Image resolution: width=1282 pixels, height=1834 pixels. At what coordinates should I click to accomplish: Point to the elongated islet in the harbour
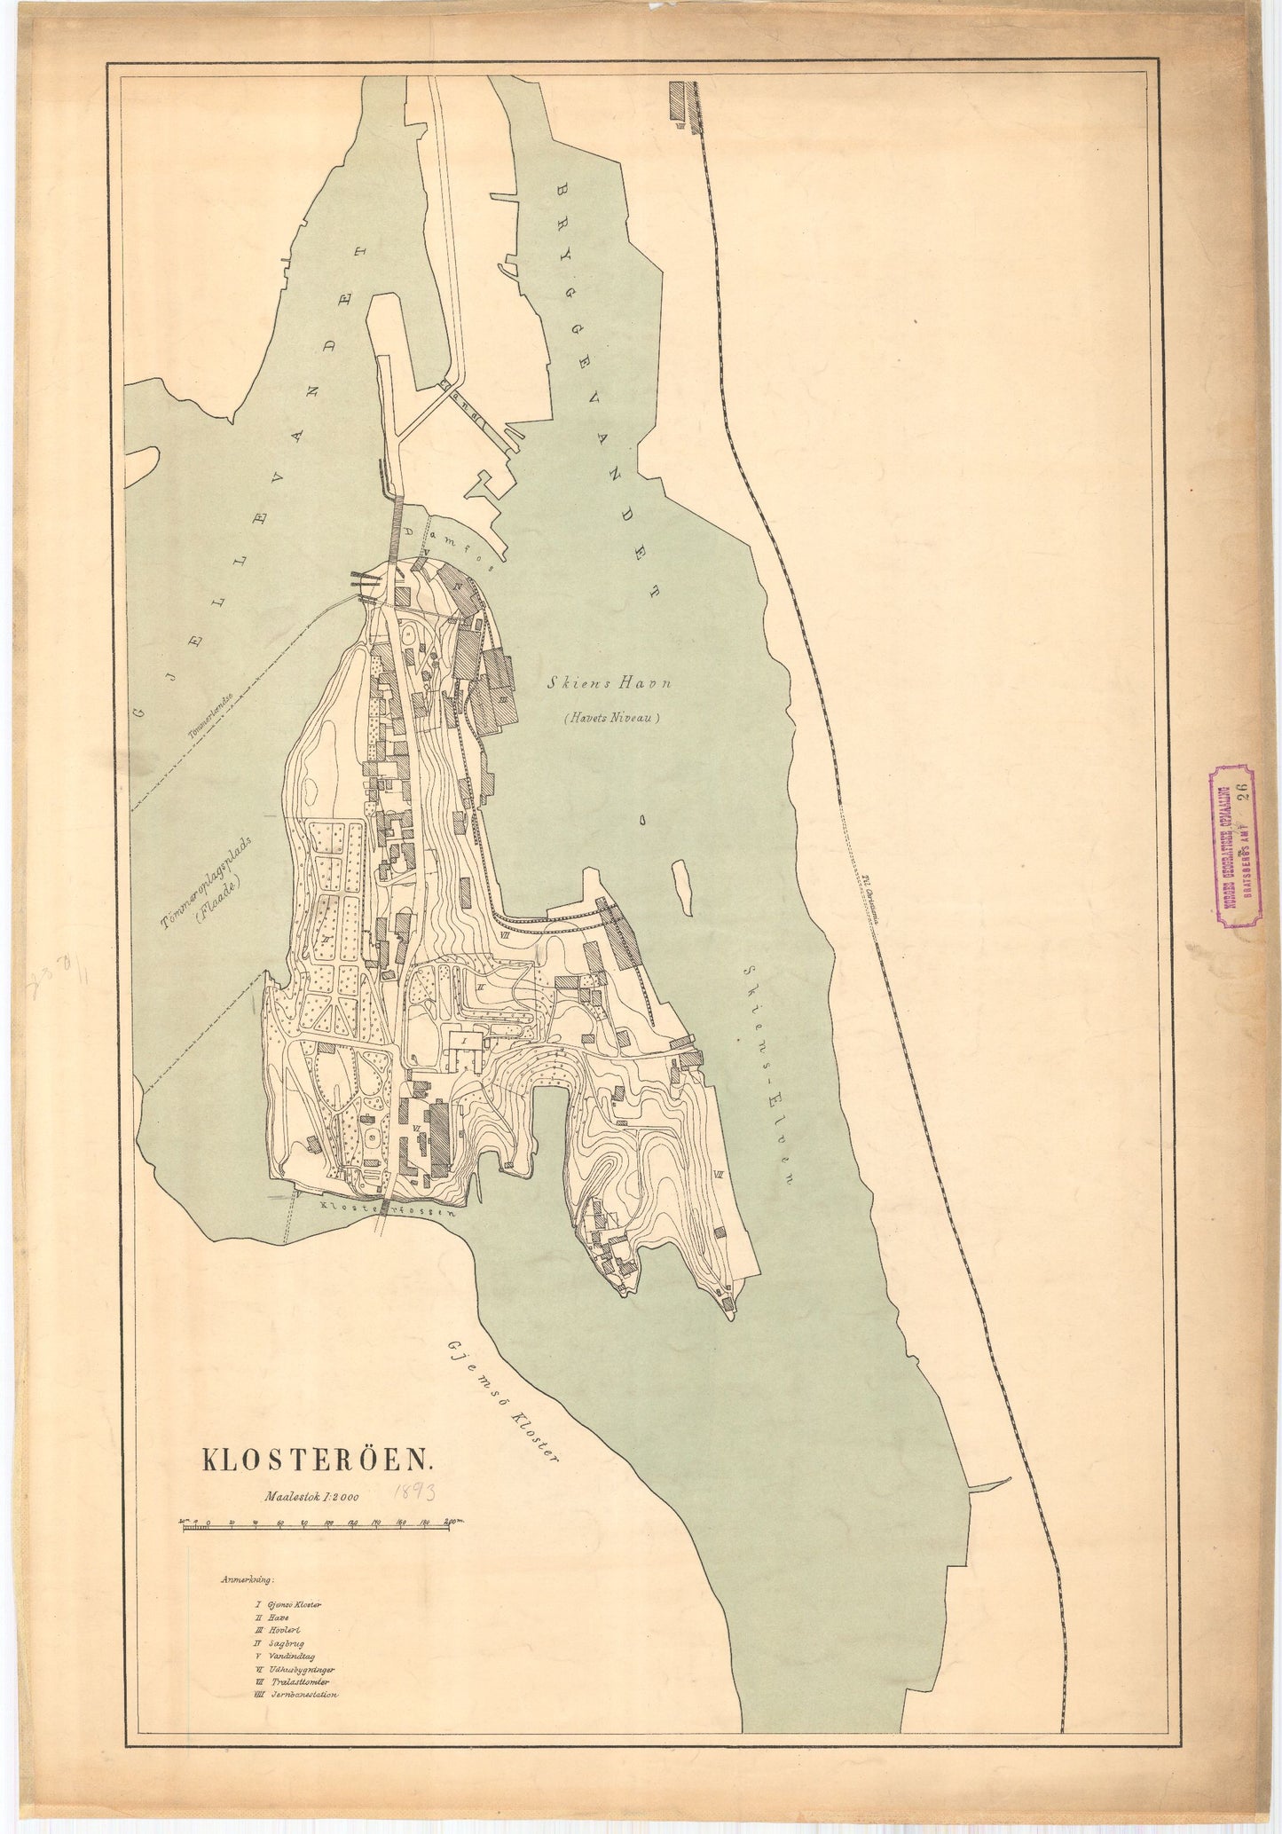pos(682,886)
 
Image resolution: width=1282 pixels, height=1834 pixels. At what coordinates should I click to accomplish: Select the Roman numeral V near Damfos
pos(427,551)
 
